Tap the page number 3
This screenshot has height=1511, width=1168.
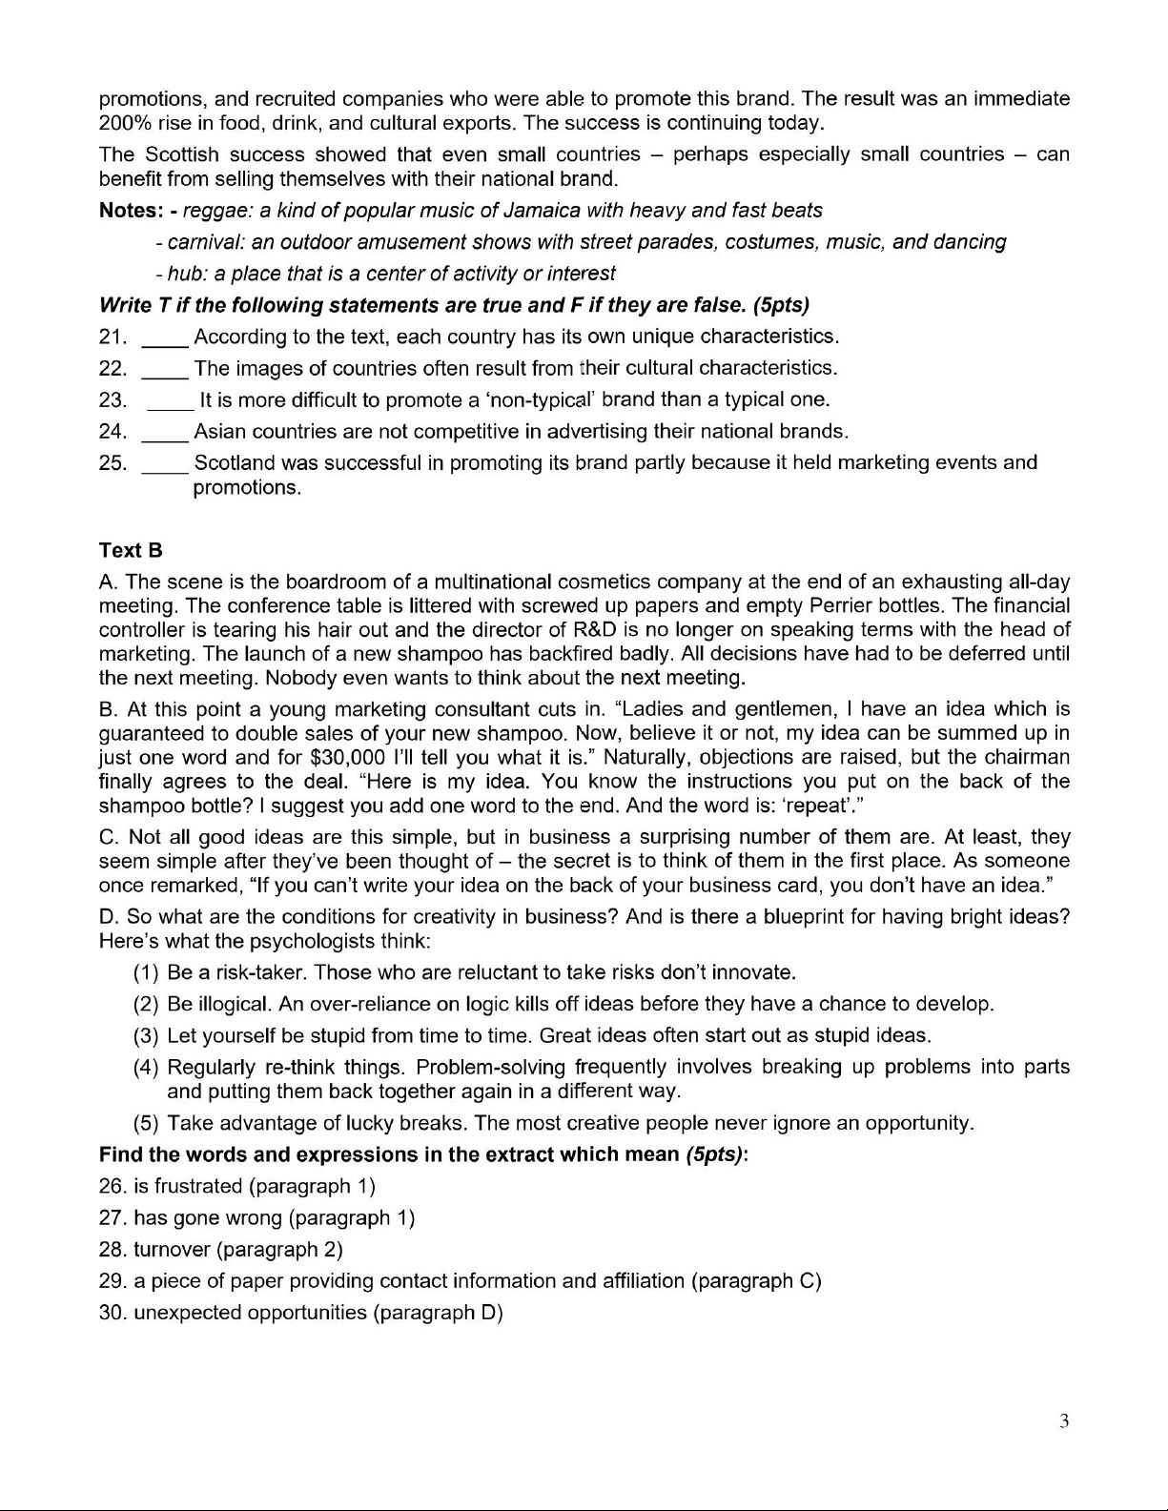pos(1064,1422)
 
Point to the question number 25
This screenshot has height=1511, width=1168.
pos(113,463)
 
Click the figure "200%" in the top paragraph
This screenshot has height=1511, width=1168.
pos(123,123)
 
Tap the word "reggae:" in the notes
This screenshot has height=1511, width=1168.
pos(217,211)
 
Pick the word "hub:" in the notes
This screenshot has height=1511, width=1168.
pos(188,274)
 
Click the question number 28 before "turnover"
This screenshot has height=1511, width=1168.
pos(113,1250)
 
